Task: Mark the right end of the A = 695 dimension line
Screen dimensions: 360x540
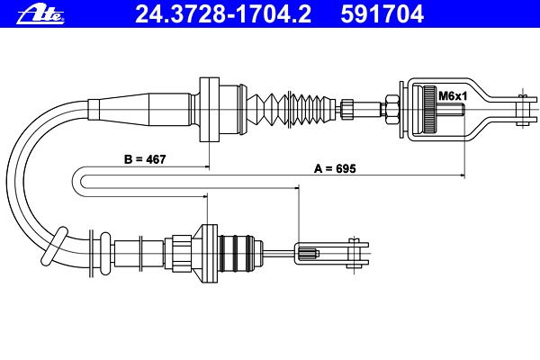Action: [x=464, y=175]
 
